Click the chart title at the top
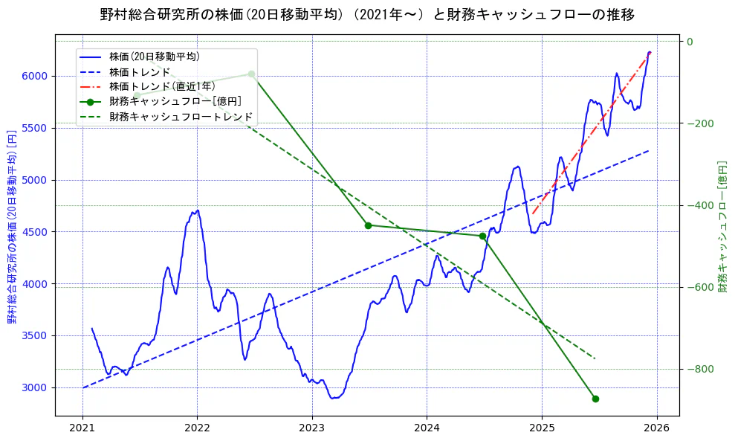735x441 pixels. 367,14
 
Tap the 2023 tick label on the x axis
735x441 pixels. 311,430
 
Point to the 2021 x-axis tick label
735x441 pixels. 82,430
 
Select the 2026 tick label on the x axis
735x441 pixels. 656,430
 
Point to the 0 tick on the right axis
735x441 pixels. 690,42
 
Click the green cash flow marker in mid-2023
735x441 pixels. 368,225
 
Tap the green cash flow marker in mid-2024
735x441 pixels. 482,236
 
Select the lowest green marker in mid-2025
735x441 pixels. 595,399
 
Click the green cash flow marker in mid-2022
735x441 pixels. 252,74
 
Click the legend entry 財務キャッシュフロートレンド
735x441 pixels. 181,117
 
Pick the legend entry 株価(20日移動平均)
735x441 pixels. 154,56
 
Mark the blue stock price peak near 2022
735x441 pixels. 196,210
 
